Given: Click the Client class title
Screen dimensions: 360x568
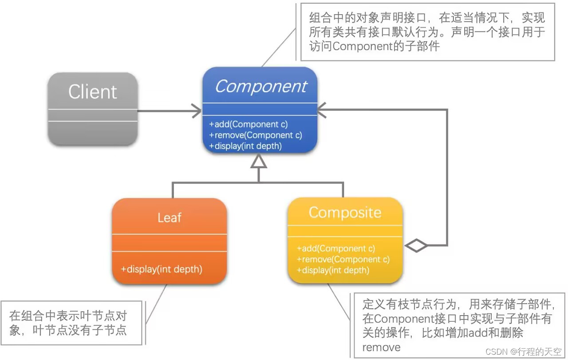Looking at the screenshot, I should [92, 92].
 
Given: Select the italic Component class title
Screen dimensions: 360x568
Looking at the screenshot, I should [260, 87].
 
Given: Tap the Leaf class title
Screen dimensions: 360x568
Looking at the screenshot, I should [170, 218].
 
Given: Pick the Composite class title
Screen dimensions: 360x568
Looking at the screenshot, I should [345, 213].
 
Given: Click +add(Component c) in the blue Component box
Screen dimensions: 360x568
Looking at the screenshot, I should [248, 125].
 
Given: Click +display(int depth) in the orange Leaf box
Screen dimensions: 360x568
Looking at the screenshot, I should [162, 269].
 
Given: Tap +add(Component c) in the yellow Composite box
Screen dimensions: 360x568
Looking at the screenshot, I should [336, 249].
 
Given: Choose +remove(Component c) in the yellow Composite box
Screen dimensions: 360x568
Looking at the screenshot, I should [343, 259].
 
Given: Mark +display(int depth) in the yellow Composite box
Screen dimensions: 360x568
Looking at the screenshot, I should [333, 270].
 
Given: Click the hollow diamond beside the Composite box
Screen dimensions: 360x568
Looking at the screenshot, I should [416, 245].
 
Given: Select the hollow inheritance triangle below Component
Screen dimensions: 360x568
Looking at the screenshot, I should [259, 163].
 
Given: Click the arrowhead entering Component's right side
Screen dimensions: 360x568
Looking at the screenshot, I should [322, 110].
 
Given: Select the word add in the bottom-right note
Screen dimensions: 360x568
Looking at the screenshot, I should [489, 332].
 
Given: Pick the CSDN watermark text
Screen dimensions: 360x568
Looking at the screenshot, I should [523, 352].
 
